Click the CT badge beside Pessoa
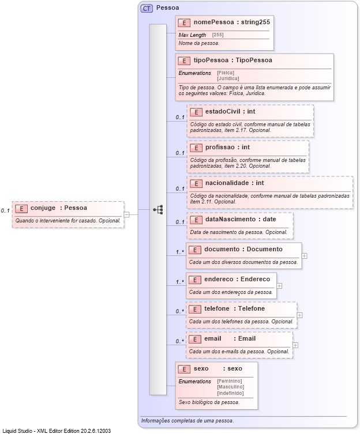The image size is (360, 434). tap(146, 9)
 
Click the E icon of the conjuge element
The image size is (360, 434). tap(21, 208)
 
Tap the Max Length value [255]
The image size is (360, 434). tap(217, 35)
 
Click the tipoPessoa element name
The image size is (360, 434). tap(209, 61)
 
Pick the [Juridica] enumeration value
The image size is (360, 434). tap(228, 78)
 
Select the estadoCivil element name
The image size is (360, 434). tap(222, 111)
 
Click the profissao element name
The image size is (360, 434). tap(219, 148)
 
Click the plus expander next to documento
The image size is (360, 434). tap(304, 255)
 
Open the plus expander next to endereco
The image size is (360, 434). tap(279, 285)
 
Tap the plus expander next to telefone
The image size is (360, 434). tap(299, 315)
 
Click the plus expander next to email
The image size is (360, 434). tap(295, 345)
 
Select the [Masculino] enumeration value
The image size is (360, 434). tap(230, 387)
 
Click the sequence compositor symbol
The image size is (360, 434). tap(158, 210)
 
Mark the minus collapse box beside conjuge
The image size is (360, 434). tap(127, 214)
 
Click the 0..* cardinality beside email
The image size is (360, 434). tap(179, 341)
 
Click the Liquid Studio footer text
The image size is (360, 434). tap(56, 431)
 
